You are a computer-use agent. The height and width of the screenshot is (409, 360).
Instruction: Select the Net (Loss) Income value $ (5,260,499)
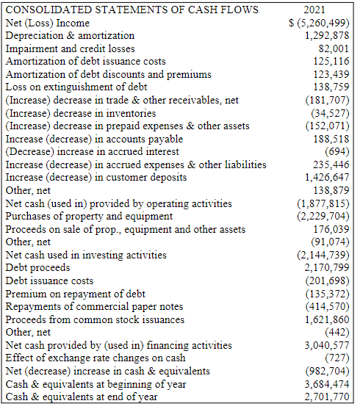pyautogui.click(x=318, y=23)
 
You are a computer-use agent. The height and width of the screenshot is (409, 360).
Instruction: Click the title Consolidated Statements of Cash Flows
pyautogui.click(x=132, y=10)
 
